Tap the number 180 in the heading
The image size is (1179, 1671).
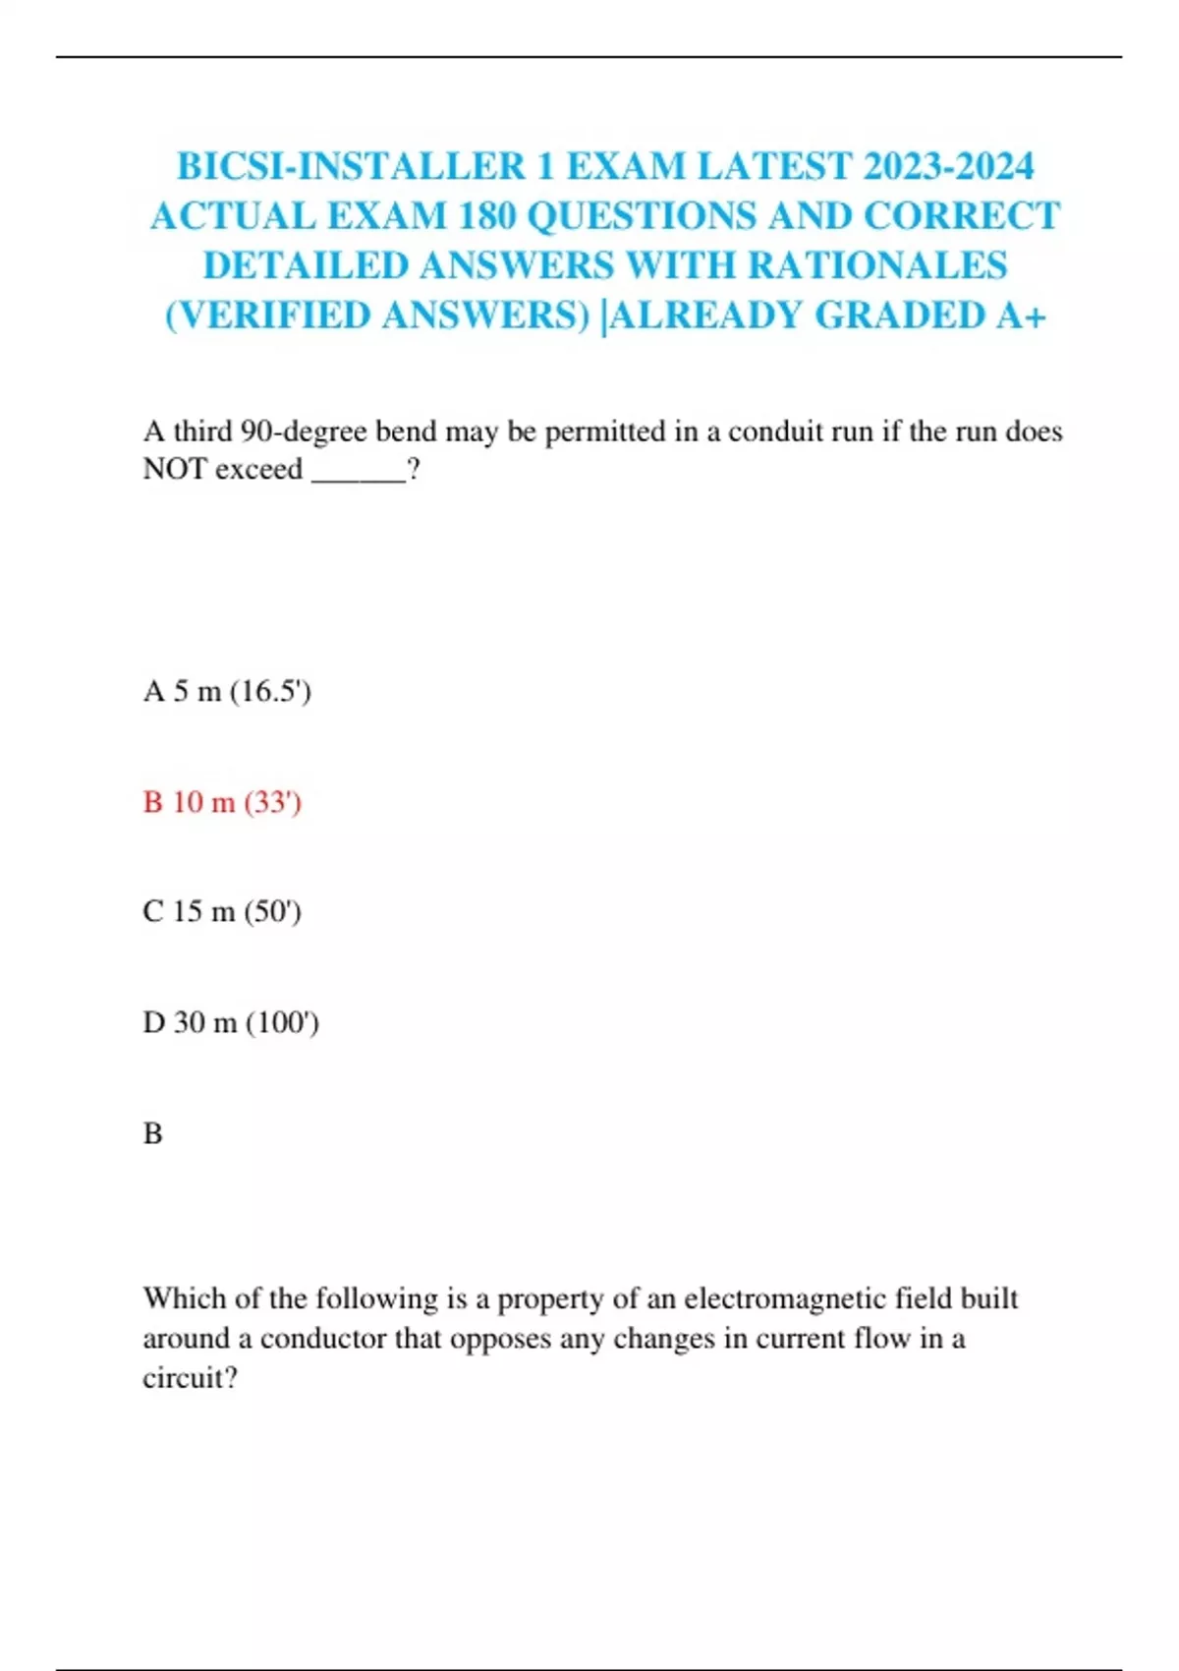[x=487, y=216]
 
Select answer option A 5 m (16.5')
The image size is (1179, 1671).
[x=227, y=692]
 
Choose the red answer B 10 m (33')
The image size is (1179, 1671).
[x=222, y=803]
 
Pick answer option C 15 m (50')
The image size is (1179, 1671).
[x=222, y=912]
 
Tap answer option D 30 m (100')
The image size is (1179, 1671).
[x=231, y=1023]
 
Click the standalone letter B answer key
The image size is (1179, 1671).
[x=152, y=1134]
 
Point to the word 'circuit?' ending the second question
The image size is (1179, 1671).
[x=190, y=1378]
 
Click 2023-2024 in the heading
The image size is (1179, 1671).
[x=948, y=166]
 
